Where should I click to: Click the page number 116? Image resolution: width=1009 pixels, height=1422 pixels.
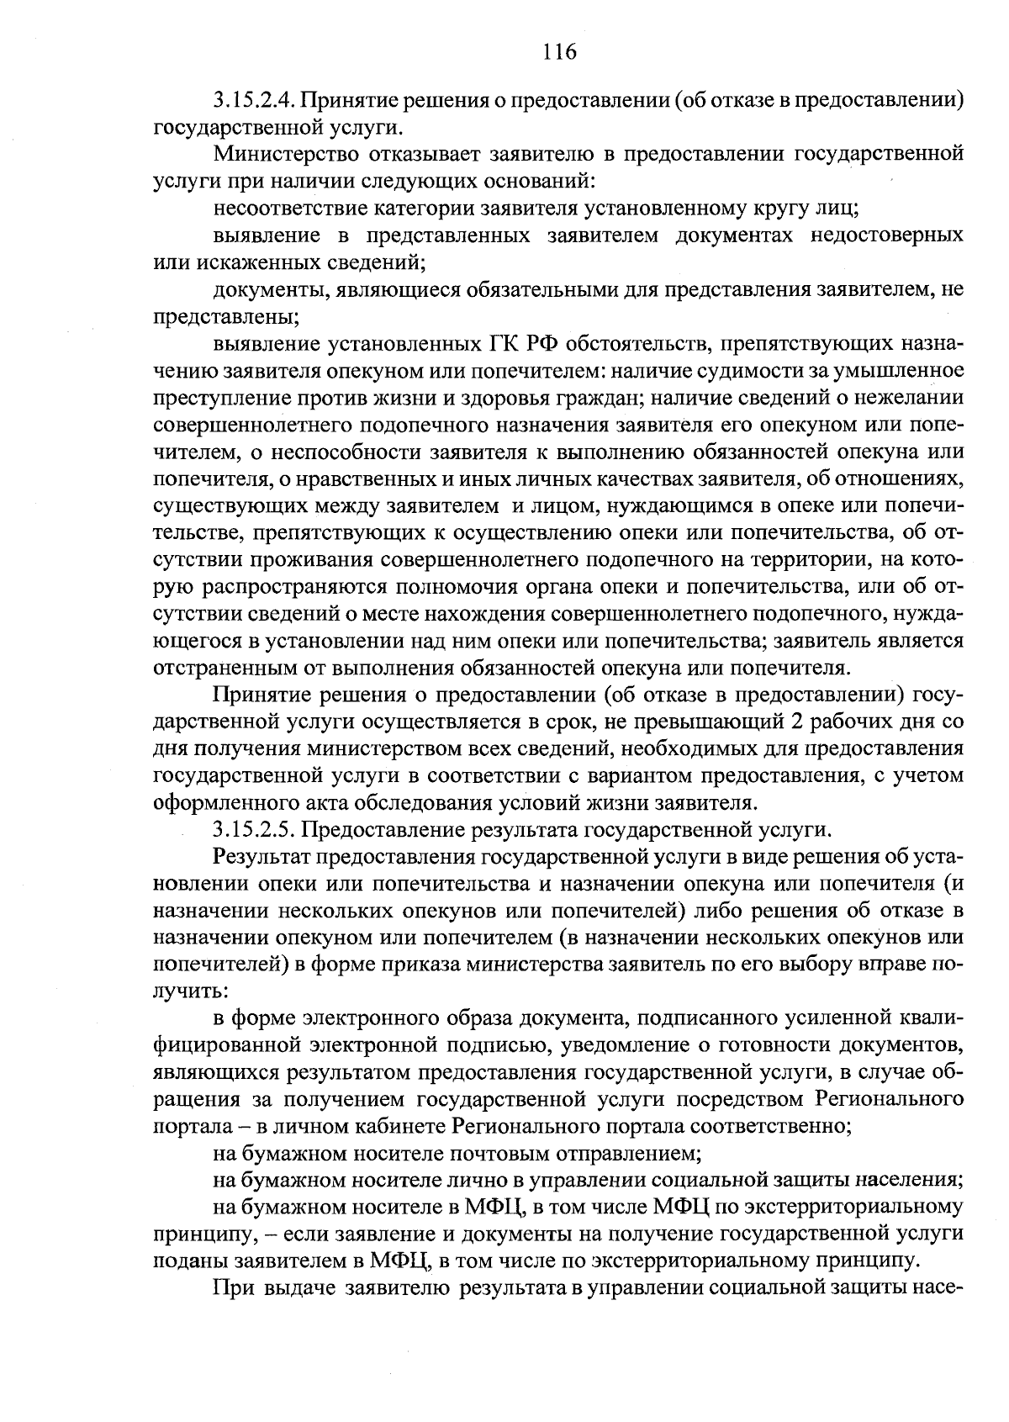pos(559,53)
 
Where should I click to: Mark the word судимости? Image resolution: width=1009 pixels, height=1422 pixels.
pos(779,371)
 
